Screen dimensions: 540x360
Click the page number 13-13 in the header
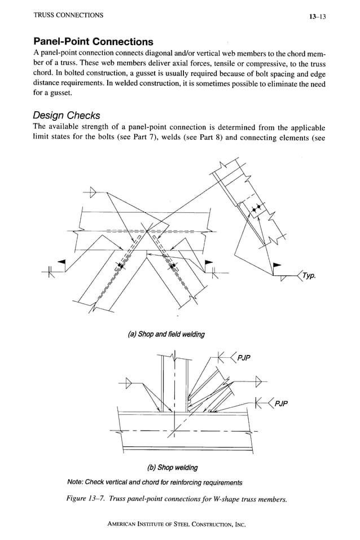(318, 16)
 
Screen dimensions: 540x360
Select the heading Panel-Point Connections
(93, 42)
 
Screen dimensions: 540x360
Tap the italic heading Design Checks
(67, 115)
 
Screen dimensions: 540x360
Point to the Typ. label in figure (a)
(309, 276)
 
